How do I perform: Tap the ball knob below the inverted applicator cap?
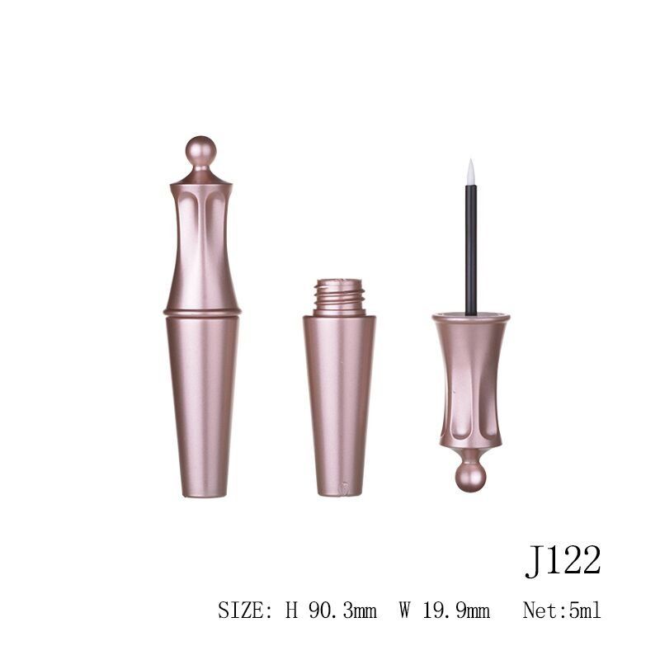[470, 477]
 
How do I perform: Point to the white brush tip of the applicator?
[470, 172]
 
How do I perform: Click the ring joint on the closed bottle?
[202, 313]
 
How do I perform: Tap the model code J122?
[563, 561]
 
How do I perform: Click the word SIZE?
[245, 610]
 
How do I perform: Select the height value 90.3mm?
[342, 610]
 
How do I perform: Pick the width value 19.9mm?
[456, 610]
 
